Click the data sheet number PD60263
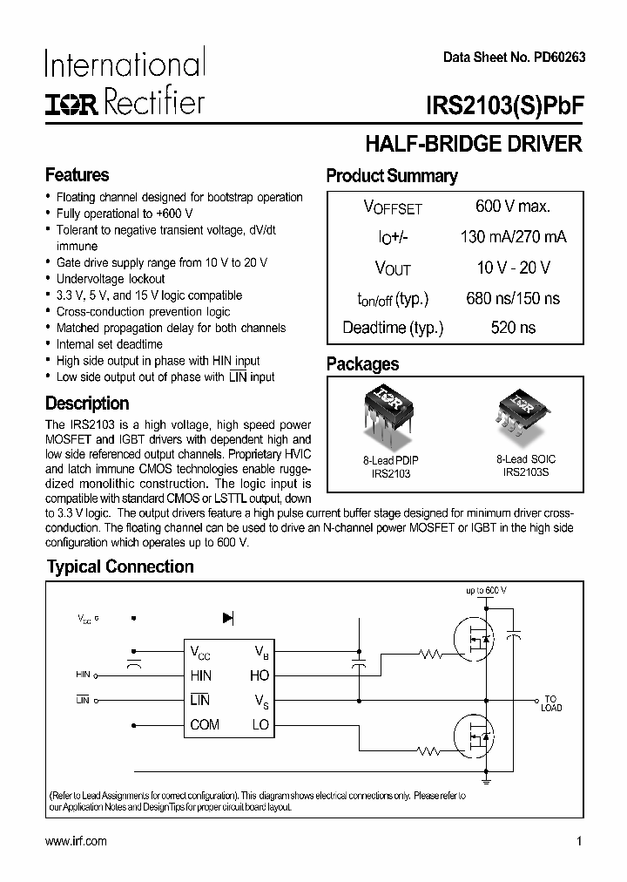click(x=514, y=56)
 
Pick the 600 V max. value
click(x=512, y=207)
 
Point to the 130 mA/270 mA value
click(x=513, y=238)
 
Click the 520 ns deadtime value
click(x=513, y=328)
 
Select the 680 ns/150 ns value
click(x=513, y=298)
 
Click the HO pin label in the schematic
click(x=260, y=675)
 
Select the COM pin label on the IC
click(x=205, y=725)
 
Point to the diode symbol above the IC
click(x=228, y=618)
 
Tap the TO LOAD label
click(x=551, y=703)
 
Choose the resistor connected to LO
click(x=428, y=750)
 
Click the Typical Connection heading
click(x=119, y=567)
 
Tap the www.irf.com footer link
click(x=75, y=841)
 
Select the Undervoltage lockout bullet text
click(x=111, y=279)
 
